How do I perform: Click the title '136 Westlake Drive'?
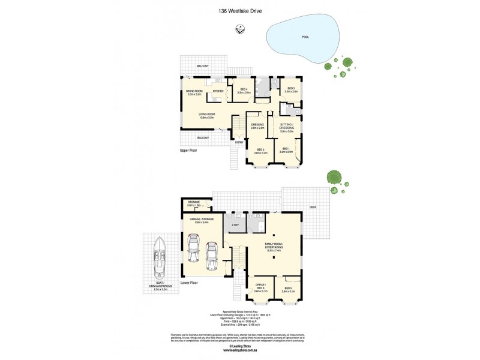240,10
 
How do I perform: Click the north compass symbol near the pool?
240,28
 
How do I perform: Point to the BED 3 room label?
291,89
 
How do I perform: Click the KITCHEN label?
218,91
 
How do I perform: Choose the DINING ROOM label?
194,91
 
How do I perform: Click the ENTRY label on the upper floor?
239,142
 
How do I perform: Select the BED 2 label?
261,149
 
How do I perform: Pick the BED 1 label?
285,149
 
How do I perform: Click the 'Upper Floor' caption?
189,151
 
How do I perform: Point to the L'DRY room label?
235,226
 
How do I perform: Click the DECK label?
312,207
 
